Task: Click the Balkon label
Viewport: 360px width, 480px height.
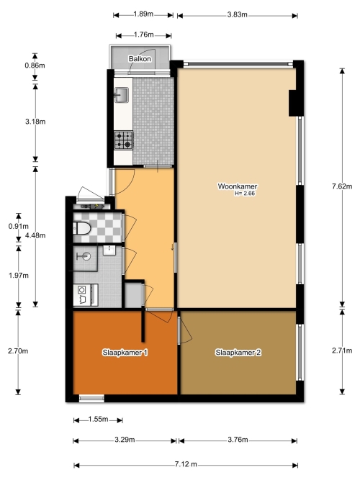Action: (x=140, y=59)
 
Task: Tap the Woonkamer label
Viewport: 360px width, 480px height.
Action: (x=238, y=186)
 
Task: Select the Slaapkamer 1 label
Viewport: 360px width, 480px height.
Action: (x=125, y=353)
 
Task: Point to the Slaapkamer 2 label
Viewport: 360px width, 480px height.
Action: (x=238, y=353)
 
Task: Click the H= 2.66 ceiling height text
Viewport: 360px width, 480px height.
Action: (x=245, y=193)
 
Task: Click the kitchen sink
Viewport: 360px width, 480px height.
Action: (x=122, y=94)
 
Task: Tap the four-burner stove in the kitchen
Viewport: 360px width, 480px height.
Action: (x=123, y=140)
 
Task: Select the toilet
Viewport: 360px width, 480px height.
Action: (x=82, y=228)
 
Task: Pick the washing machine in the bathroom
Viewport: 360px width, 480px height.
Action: (x=86, y=295)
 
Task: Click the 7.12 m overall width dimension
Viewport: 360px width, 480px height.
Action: (x=186, y=464)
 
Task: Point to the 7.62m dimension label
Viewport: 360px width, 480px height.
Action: (x=342, y=186)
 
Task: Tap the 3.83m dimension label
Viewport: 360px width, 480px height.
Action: (x=237, y=14)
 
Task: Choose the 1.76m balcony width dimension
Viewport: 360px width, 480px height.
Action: (x=143, y=35)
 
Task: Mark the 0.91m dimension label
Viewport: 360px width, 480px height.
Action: (x=19, y=226)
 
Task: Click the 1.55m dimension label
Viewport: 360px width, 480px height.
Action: (x=98, y=419)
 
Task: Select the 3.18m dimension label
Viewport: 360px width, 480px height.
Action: (x=35, y=122)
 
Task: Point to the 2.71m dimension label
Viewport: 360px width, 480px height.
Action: (x=342, y=350)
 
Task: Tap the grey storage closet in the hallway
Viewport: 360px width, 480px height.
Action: (x=133, y=295)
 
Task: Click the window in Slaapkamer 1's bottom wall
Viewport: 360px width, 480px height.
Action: (x=91, y=398)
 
